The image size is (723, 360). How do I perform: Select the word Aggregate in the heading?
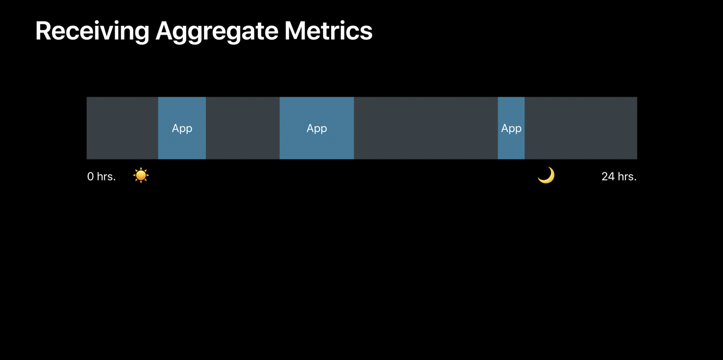(217, 31)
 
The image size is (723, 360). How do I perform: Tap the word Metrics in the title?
(328, 30)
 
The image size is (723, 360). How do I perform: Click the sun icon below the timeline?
(141, 175)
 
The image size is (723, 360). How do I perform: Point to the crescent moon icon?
(547, 176)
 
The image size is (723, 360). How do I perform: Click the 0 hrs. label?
(102, 177)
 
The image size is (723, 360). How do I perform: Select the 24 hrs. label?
(619, 177)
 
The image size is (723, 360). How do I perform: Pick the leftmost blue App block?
(182, 128)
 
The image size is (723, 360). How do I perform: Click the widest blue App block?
(317, 128)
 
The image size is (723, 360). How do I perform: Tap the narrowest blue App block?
(511, 128)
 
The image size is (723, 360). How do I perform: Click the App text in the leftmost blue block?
(182, 128)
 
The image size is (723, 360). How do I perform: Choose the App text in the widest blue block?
(317, 128)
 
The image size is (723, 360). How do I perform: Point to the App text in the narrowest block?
(511, 128)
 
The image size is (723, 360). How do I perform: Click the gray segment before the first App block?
(122, 128)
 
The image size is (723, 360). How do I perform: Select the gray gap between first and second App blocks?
(243, 128)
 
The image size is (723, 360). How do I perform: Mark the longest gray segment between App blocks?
(426, 128)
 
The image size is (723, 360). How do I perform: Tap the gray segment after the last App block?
(581, 128)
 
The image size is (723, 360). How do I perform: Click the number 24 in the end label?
(608, 177)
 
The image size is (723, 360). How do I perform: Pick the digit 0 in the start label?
(90, 177)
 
